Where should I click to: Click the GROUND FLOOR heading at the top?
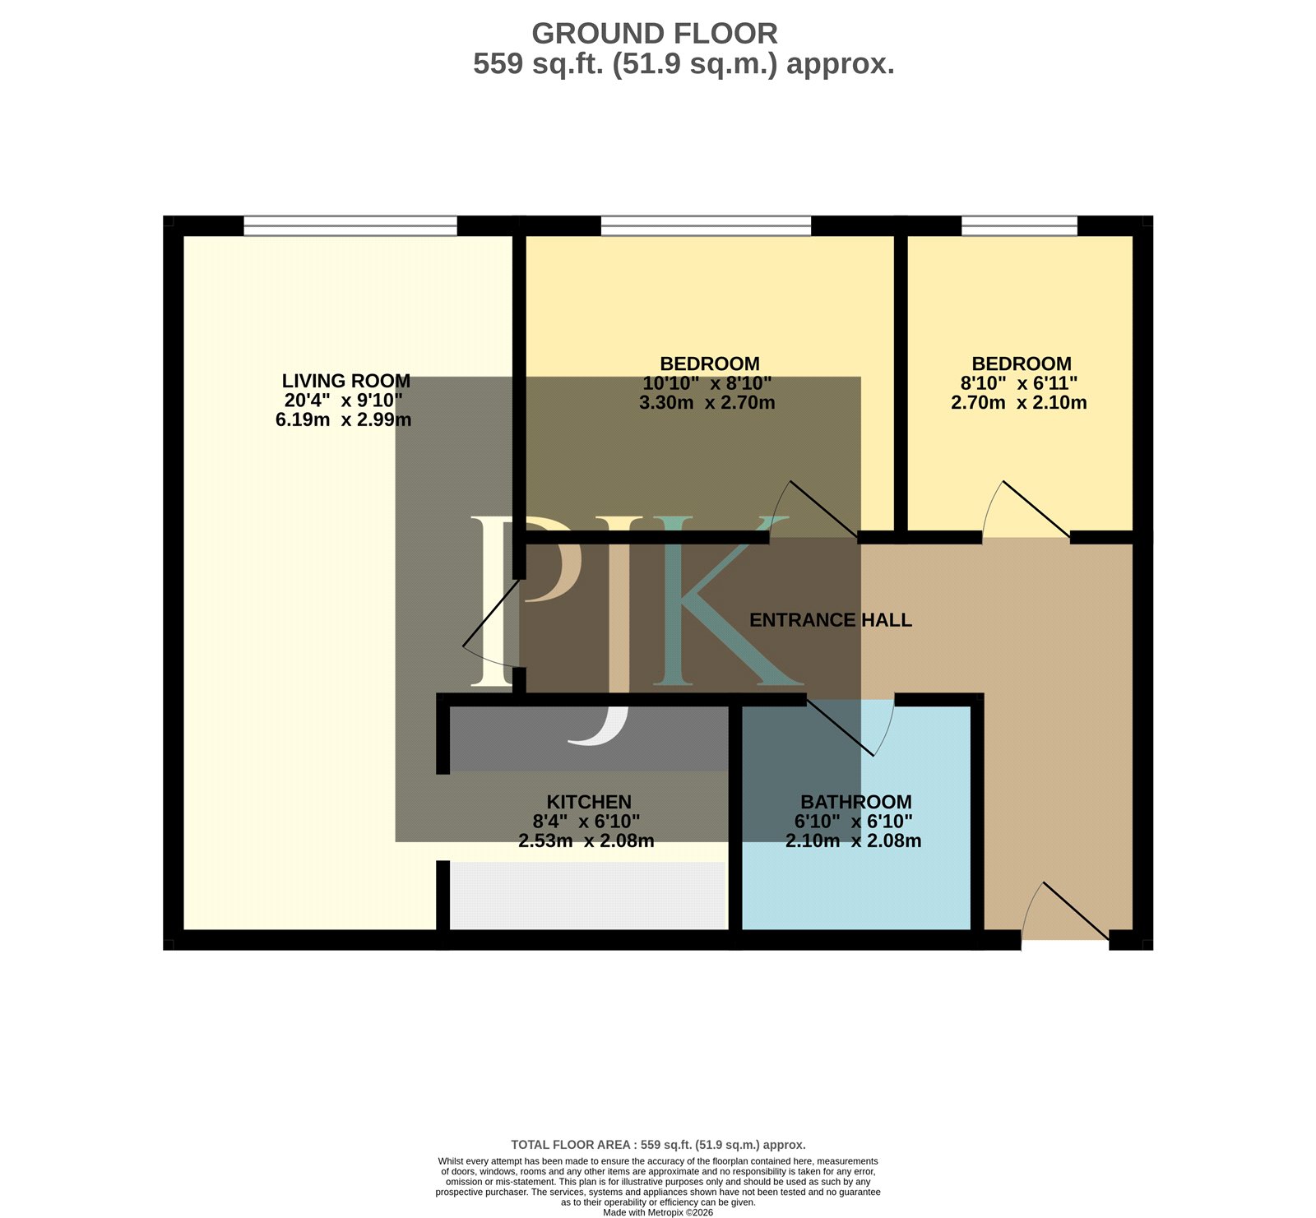pyautogui.click(x=655, y=34)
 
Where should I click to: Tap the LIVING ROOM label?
pyautogui.click(x=346, y=381)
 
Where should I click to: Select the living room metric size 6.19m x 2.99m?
pyautogui.click(x=344, y=419)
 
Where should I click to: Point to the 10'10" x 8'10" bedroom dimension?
pyautogui.click(x=707, y=383)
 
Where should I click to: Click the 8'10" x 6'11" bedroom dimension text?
pyautogui.click(x=1019, y=383)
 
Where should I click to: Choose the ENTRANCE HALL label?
pyautogui.click(x=831, y=620)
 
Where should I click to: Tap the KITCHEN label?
pyautogui.click(x=589, y=802)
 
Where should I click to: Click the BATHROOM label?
pyautogui.click(x=856, y=802)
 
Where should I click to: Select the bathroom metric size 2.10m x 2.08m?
pyautogui.click(x=854, y=841)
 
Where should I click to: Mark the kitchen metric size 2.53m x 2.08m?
pyautogui.click(x=586, y=841)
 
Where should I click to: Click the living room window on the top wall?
pyautogui.click(x=350, y=225)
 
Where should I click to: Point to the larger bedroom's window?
pyautogui.click(x=706, y=225)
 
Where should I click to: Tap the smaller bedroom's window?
pyautogui.click(x=1019, y=225)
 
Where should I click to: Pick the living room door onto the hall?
pyautogui.click(x=491, y=623)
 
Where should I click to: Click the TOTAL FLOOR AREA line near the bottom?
pyautogui.click(x=658, y=1144)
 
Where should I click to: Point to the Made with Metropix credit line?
pyautogui.click(x=658, y=1212)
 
